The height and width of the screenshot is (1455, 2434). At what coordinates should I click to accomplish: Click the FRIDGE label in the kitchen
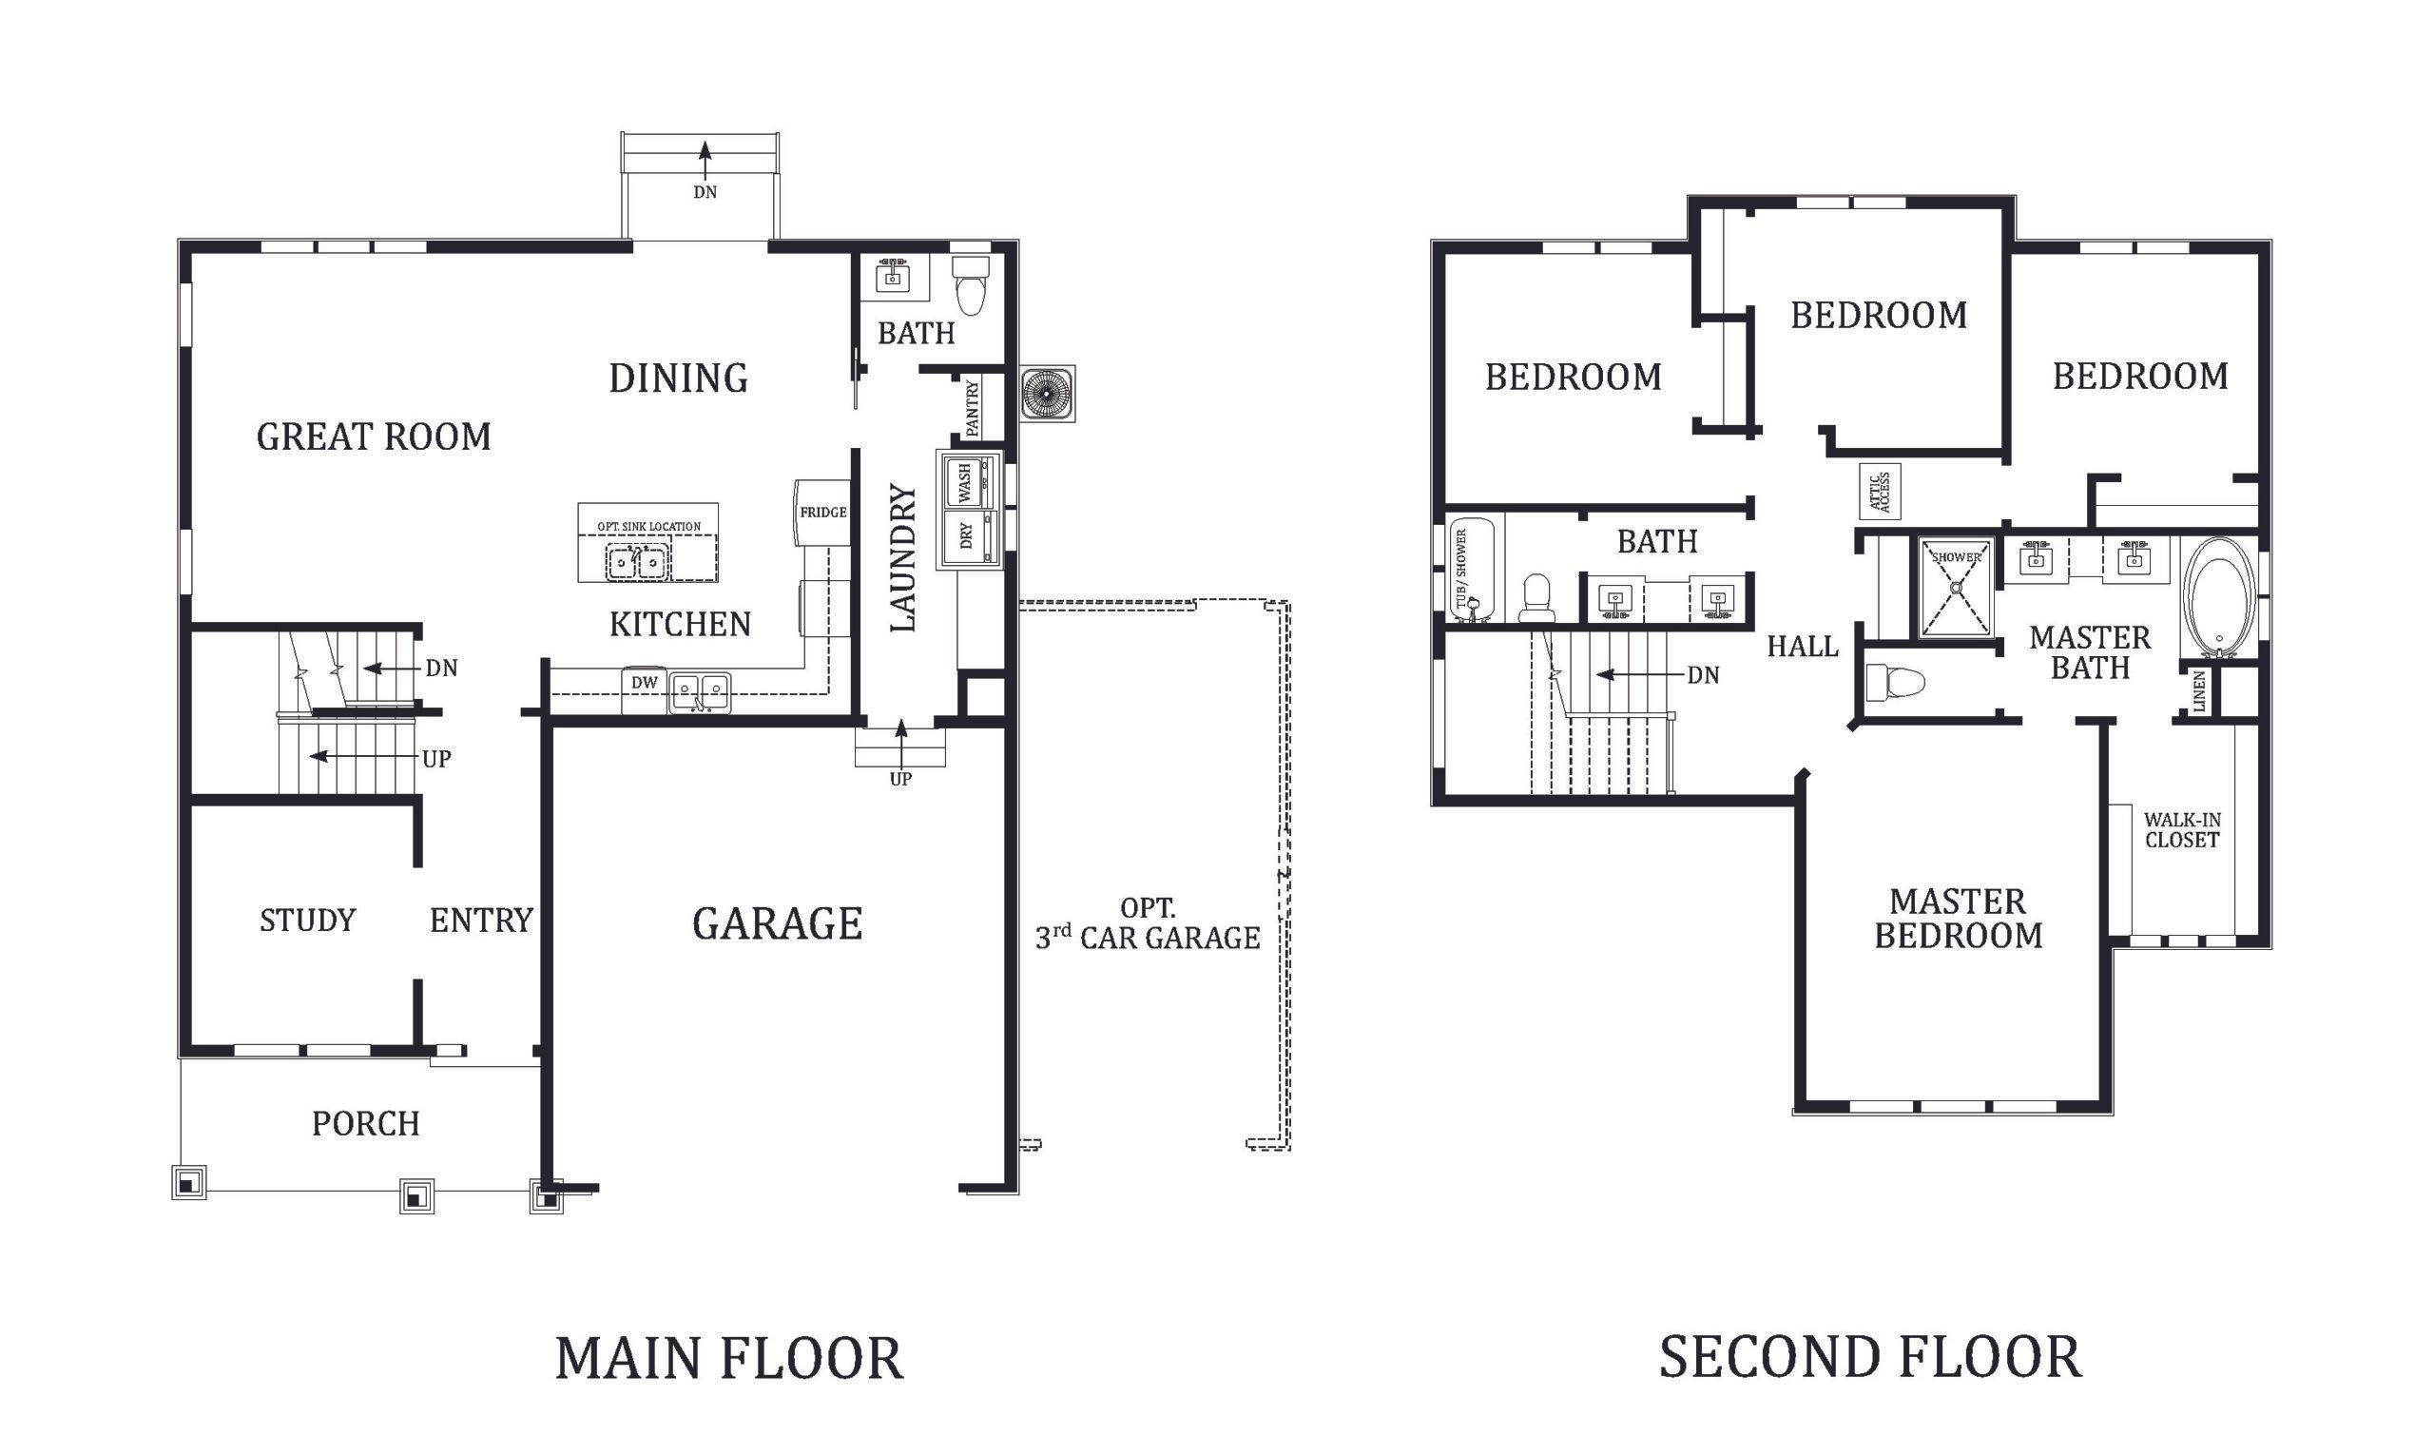point(822,512)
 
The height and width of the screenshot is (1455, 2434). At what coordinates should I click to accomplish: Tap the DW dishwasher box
point(644,684)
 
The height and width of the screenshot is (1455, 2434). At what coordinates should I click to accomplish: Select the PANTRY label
point(973,409)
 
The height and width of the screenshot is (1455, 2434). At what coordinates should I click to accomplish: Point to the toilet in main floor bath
point(971,287)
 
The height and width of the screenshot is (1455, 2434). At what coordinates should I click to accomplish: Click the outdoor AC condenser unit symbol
point(1047,394)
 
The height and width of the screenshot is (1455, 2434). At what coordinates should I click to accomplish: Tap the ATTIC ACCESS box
point(1880,493)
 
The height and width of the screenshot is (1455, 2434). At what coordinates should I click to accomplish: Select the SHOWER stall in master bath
point(1956,587)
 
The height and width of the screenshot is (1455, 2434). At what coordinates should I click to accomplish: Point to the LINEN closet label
point(2200,691)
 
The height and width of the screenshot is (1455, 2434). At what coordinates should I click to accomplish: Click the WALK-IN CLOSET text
point(2181,829)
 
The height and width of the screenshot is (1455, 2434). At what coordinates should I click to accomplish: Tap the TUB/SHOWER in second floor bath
point(1471,571)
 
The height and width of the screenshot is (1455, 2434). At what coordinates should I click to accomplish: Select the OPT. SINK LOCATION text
point(649,527)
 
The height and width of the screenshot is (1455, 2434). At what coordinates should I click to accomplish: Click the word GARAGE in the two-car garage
point(778,923)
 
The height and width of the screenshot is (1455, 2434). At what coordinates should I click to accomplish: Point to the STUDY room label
point(308,920)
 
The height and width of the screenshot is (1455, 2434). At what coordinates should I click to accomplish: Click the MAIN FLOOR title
point(728,1359)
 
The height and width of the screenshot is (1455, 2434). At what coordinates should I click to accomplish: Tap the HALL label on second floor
point(1802,647)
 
